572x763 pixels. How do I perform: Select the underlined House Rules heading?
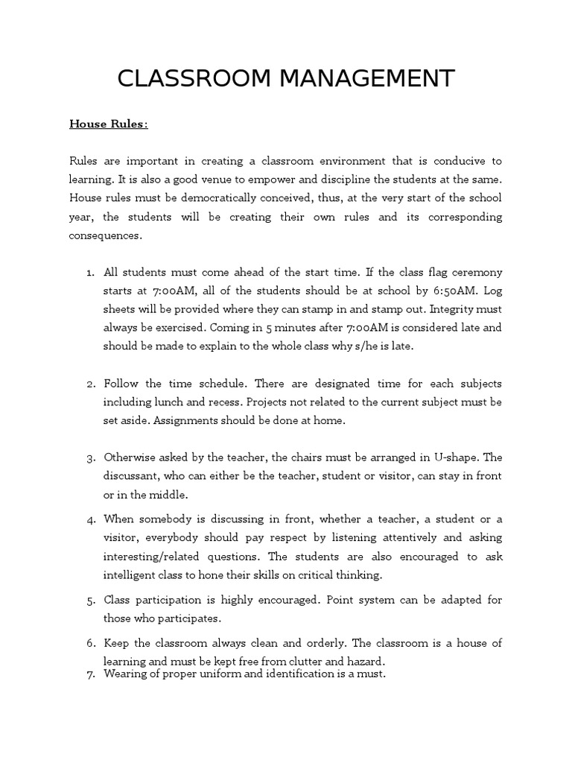109,124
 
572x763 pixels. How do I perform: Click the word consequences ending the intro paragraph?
105,235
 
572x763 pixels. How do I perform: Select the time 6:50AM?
410,291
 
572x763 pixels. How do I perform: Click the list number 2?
89,384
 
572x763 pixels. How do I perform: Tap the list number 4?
89,519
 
